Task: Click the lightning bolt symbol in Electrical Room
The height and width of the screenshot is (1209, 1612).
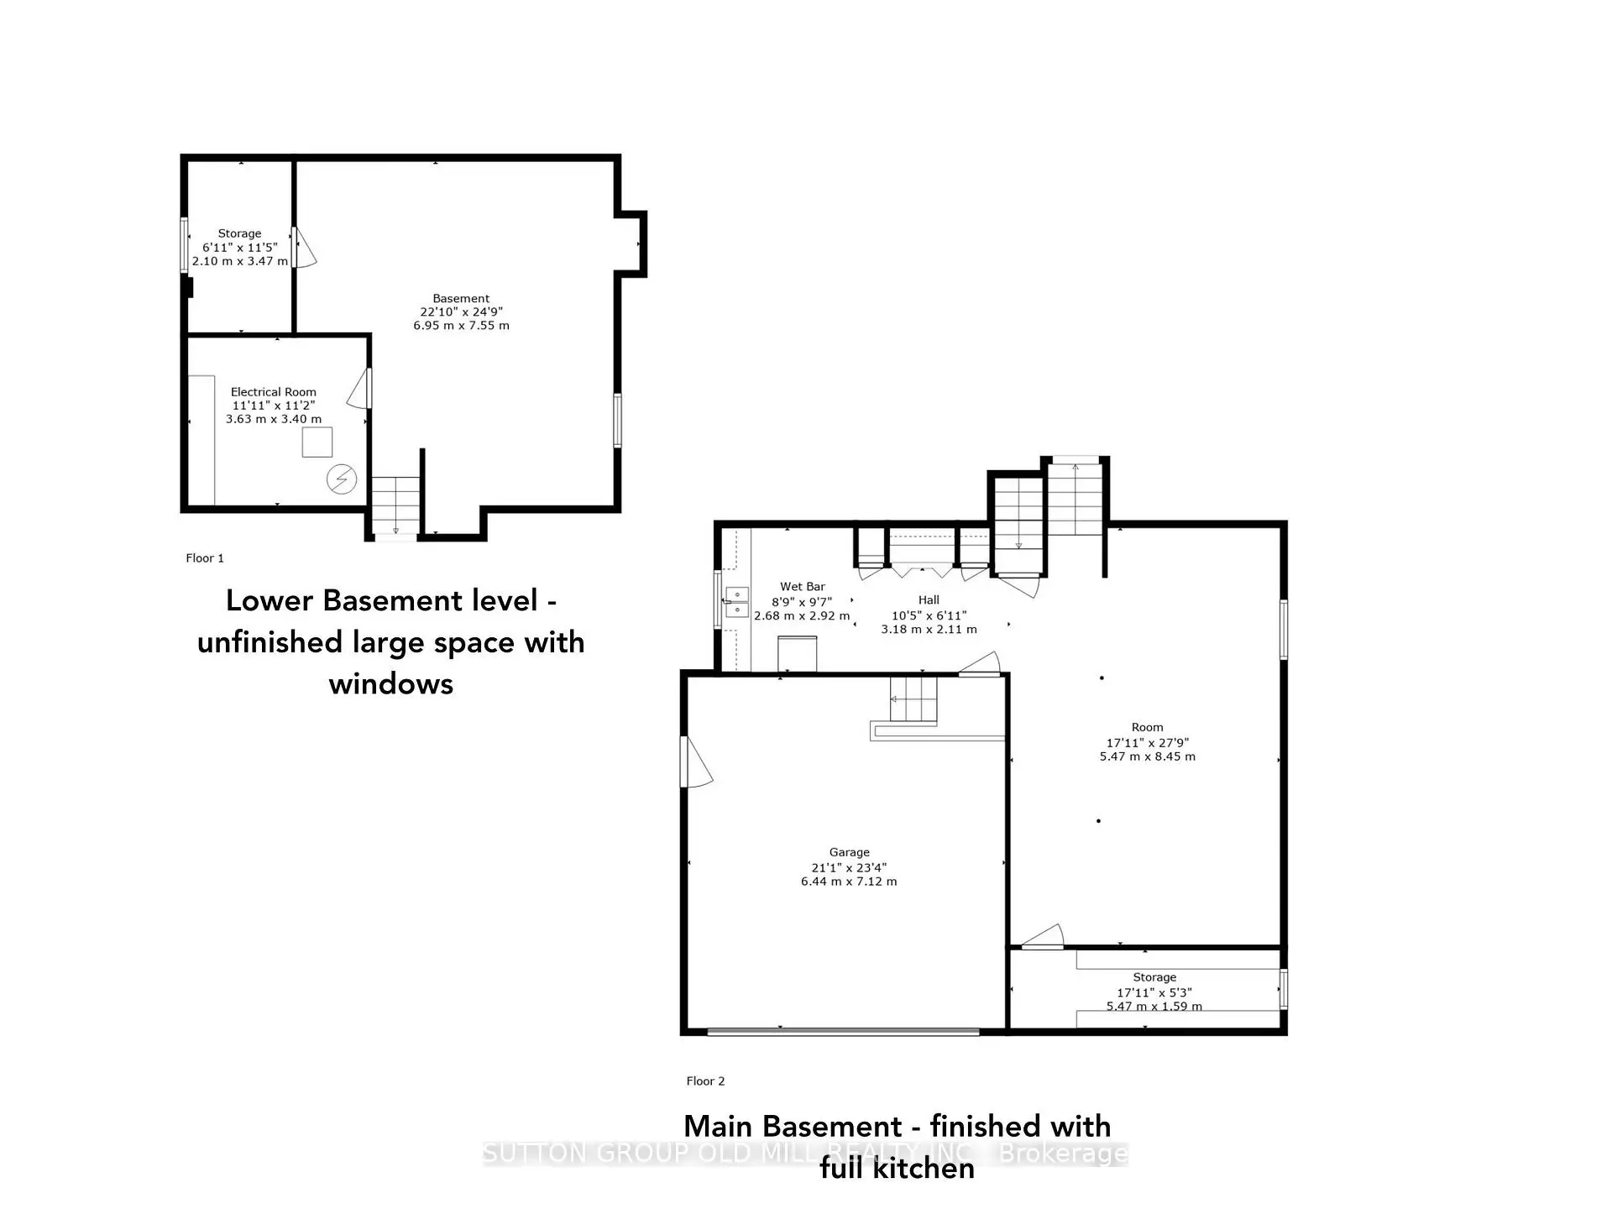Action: (x=341, y=479)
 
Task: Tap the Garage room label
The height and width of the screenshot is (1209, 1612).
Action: (x=849, y=852)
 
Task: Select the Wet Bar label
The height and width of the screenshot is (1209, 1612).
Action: (x=802, y=587)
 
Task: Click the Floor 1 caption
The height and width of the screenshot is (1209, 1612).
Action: (x=205, y=558)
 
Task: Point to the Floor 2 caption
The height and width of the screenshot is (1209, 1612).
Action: (x=705, y=1081)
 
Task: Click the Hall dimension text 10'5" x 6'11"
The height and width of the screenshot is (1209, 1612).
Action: (x=929, y=615)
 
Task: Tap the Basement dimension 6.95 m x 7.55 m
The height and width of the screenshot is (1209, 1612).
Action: (x=461, y=326)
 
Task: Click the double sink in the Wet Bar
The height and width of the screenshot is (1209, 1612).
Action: (x=736, y=602)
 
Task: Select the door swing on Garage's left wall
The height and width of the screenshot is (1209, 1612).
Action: (x=696, y=762)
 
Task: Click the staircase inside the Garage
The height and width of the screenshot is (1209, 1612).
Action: (x=913, y=700)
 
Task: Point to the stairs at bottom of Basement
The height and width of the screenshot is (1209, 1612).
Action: (x=395, y=505)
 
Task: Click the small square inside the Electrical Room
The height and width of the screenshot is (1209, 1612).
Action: (x=317, y=442)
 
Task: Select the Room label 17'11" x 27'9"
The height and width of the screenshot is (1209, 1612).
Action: (x=1147, y=742)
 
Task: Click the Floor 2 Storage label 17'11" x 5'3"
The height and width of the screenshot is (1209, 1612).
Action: (x=1154, y=992)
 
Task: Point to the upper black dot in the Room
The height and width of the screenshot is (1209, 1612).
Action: (x=1102, y=678)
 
